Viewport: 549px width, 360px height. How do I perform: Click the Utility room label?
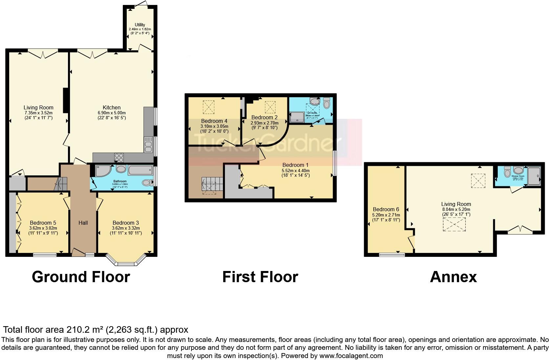[x=140, y=25]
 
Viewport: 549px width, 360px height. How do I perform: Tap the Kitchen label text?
[x=112, y=107]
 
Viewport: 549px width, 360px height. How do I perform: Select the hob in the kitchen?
[x=119, y=158]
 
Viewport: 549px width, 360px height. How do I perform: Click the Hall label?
[x=83, y=223]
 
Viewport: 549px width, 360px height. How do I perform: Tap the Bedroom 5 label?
[x=43, y=223]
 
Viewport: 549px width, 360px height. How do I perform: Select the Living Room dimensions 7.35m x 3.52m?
[x=38, y=113]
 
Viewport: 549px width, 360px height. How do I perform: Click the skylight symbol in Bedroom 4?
[x=208, y=107]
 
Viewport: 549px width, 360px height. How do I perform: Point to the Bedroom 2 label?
[x=264, y=117]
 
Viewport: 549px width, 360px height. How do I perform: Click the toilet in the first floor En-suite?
[x=326, y=104]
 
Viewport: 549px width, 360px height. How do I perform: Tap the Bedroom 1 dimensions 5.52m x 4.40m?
[x=296, y=170]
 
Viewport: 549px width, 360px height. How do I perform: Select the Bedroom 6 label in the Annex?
[x=386, y=209]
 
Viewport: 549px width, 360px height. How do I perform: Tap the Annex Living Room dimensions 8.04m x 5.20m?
[x=456, y=209]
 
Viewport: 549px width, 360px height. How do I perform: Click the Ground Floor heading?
[x=81, y=277]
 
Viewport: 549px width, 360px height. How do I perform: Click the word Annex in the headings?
[x=453, y=277]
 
